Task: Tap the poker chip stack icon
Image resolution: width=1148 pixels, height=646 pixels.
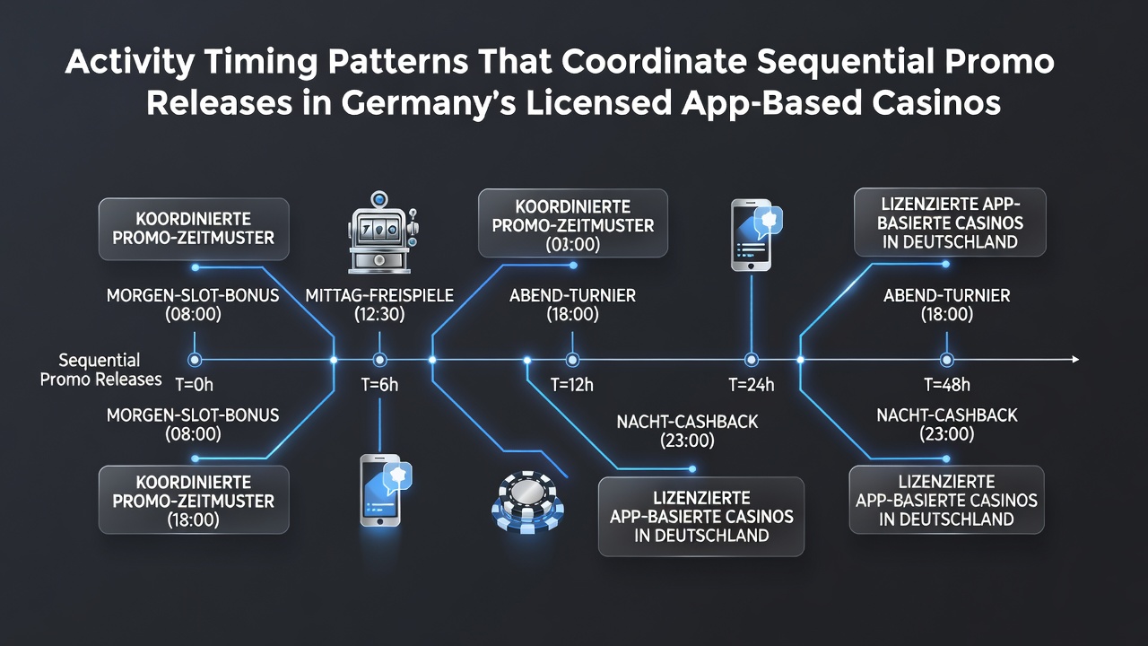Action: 527,502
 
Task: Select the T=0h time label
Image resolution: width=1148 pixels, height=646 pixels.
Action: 195,385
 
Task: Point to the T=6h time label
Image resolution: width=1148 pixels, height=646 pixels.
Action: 379,385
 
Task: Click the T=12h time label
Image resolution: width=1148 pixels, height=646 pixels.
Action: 572,385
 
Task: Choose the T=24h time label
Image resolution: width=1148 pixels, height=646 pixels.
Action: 752,385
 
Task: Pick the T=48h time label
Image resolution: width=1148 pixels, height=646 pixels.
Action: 946,385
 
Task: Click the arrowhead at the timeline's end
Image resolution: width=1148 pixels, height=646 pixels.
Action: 1075,360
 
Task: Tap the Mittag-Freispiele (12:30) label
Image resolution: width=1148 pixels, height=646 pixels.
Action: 379,304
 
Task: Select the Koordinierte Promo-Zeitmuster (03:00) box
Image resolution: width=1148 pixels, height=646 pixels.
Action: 573,223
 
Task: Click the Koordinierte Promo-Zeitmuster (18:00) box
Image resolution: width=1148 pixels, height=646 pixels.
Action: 194,500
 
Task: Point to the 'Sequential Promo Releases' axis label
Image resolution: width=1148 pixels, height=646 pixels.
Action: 100,370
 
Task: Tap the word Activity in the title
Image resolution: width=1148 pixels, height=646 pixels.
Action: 130,62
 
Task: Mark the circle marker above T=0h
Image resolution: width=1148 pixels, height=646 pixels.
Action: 195,360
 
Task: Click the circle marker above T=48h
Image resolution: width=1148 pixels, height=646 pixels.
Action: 946,360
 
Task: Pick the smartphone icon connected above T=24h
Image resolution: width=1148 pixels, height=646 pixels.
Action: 756,235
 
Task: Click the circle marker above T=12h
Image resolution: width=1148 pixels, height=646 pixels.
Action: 572,360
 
